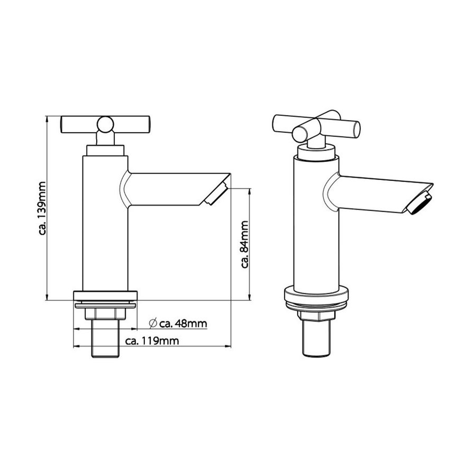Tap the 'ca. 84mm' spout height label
(245, 244)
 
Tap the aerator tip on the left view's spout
(216, 194)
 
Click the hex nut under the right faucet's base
(317, 316)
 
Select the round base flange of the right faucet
(317, 297)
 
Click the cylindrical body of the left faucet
(105, 222)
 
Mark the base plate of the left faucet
(105, 296)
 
